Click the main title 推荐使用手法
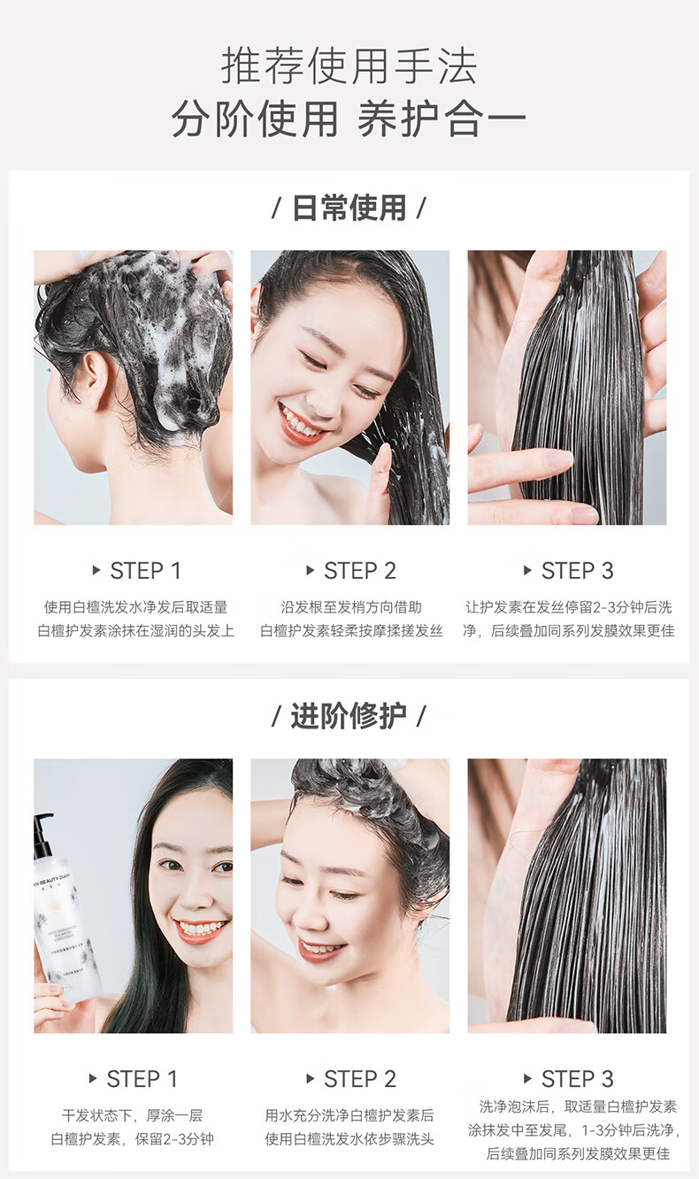349,65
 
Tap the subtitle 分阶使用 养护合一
349,119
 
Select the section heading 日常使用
349,208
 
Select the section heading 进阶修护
349,716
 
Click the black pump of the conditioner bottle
42,836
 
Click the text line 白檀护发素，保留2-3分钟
133,1139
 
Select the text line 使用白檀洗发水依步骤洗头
349,1139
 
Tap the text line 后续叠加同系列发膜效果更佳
578,1154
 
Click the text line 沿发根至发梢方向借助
351,607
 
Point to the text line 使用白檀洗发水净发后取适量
135,607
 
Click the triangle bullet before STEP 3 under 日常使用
527,570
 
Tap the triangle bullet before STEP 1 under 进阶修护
93,1078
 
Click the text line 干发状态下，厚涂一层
133,1115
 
